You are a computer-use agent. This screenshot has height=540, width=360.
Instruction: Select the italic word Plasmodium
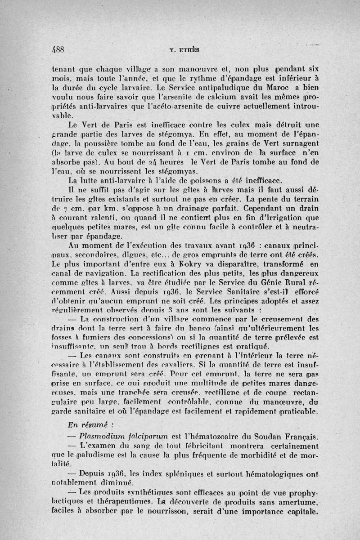pyautogui.click(x=103, y=436)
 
